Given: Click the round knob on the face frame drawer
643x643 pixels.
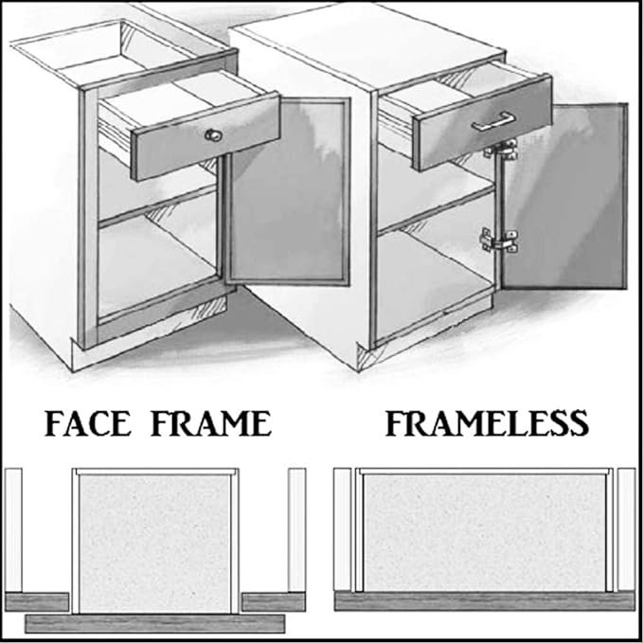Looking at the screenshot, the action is [213, 134].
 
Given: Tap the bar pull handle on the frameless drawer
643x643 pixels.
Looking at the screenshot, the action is [493, 121].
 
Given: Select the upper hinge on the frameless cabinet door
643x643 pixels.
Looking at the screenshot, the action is [502, 150].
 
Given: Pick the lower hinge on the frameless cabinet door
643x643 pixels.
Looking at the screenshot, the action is [499, 241].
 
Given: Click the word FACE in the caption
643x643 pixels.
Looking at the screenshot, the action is [87, 423].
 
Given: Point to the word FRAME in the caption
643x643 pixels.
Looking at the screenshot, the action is [211, 423].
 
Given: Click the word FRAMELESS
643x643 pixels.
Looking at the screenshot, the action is [487, 423].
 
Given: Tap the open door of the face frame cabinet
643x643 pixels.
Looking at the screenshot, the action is [288, 191].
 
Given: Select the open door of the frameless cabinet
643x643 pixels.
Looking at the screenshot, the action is [564, 196].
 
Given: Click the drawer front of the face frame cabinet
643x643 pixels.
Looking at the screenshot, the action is [205, 137].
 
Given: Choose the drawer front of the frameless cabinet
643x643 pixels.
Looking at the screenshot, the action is [482, 123].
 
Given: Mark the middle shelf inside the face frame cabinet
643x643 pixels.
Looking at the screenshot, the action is [158, 205].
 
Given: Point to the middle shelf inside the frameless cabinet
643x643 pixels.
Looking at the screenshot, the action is [436, 210].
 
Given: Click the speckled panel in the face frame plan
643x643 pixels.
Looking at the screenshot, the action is [154, 544].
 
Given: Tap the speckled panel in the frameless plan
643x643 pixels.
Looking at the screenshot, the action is [485, 532].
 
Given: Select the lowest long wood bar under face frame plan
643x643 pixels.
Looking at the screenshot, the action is [155, 623].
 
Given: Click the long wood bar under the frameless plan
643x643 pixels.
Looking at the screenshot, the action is [485, 601].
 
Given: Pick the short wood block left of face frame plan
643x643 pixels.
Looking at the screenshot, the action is [37, 601].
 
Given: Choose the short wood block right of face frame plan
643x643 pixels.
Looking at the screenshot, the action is [274, 601].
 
